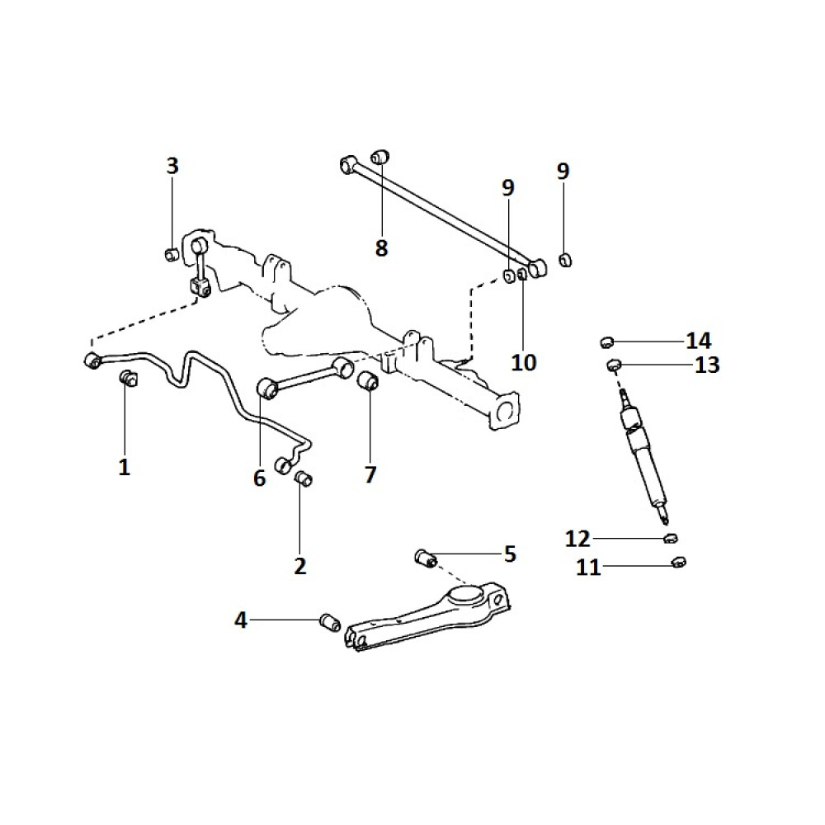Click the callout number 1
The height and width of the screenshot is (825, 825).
124,468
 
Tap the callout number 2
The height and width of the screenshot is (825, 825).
299,566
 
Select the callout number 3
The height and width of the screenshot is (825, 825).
172,166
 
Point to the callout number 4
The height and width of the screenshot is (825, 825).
241,620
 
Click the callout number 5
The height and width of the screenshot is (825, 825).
510,554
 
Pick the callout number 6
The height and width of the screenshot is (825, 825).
260,478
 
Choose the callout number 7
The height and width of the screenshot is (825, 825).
370,474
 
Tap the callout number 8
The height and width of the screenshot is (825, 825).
381,247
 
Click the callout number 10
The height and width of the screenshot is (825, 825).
524,362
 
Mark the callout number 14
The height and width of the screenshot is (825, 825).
698,340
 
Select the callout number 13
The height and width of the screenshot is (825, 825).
707,365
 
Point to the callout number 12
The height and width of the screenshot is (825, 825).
577,539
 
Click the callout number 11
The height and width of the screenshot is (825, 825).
588,568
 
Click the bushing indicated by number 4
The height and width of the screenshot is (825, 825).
330,621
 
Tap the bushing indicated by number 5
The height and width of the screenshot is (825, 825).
426,559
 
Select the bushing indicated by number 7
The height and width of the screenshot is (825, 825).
368,382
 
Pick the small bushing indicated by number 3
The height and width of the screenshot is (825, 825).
172,253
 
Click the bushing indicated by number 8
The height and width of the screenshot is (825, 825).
379,156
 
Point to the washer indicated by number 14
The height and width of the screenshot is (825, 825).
606,341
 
